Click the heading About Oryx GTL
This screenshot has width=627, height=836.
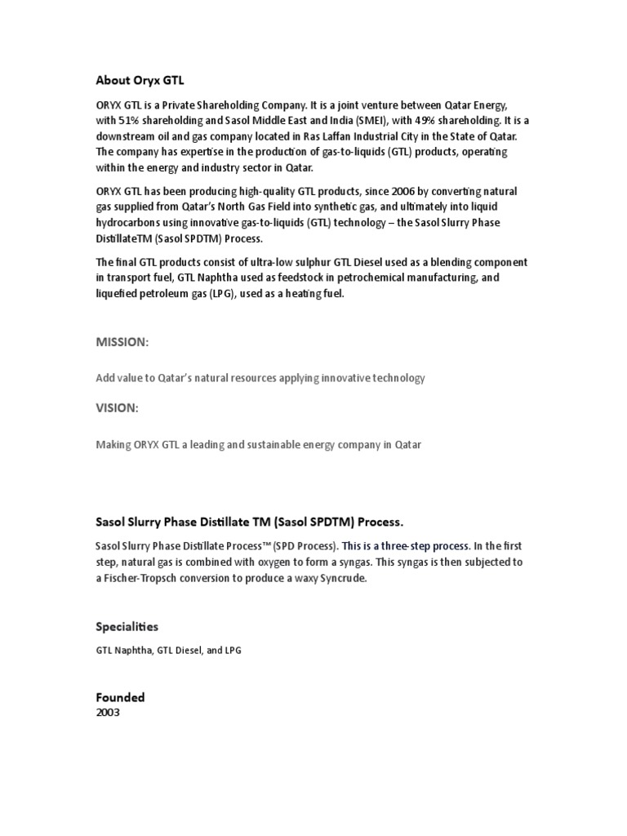click(135, 80)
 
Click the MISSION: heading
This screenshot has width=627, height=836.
click(122, 343)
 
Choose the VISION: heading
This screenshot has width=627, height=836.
click(118, 408)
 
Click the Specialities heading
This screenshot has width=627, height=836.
click(127, 626)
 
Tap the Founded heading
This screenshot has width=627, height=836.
click(120, 697)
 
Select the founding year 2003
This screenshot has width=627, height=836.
click(108, 712)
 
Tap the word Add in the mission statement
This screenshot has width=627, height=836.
click(106, 378)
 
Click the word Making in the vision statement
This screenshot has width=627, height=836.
click(115, 445)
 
